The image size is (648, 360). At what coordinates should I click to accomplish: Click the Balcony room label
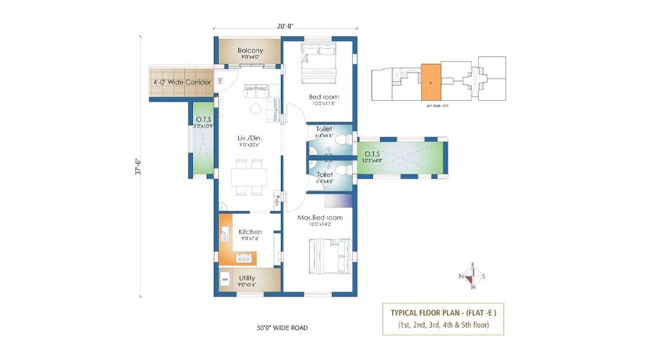250,50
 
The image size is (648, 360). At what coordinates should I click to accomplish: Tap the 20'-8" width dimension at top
284,26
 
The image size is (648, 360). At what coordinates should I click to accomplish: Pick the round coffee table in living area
255,109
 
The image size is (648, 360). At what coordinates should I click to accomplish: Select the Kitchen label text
250,232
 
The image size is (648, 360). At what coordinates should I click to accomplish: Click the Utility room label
247,278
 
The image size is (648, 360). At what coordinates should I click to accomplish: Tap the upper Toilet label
324,129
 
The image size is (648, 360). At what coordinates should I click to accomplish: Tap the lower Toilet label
324,174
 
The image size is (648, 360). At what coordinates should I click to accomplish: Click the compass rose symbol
472,275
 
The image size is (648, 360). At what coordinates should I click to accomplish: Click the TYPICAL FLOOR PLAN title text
444,313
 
